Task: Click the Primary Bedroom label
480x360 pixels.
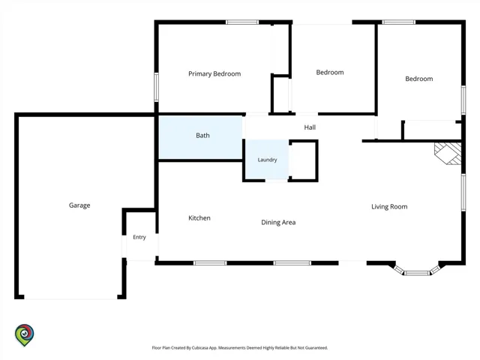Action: pos(214,73)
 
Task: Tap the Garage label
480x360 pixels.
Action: pos(79,205)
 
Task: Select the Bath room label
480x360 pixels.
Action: pos(202,135)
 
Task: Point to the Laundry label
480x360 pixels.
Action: pos(267,160)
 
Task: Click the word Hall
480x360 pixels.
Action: pos(310,127)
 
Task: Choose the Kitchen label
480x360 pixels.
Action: pos(199,218)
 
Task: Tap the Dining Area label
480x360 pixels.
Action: pos(278,223)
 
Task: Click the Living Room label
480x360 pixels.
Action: pos(389,207)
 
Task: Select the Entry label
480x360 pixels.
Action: pos(139,237)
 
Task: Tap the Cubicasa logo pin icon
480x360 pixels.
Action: pos(25,335)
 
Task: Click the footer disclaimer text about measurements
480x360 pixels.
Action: pos(240,348)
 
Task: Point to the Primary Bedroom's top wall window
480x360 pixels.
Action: pos(242,22)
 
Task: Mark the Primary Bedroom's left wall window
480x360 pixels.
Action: pos(157,87)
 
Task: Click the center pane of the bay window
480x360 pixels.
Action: pos(417,273)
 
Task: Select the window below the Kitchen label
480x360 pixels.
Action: pos(210,263)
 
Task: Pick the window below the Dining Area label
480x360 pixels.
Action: pos(292,263)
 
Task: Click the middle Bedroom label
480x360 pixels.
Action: pos(330,73)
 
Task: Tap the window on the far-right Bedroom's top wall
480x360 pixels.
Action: pos(399,22)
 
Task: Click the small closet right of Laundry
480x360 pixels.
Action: pos(303,160)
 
